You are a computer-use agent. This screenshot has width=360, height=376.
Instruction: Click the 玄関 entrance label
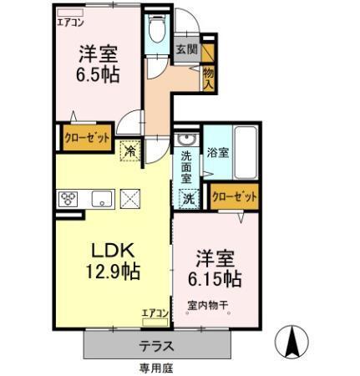pos(186,50)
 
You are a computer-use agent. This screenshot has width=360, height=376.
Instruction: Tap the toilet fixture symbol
pos(154,31)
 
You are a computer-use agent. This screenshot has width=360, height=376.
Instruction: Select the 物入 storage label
pos(208,79)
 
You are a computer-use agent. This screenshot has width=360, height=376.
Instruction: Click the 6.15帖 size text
pos(220,277)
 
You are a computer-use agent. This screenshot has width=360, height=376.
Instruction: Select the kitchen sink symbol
pos(102,198)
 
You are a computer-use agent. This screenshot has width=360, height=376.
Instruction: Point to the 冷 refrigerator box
pos(130,151)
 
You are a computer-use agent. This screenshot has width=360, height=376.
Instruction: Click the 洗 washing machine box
pos(189,198)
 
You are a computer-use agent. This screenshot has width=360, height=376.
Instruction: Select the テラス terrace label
pos(156,344)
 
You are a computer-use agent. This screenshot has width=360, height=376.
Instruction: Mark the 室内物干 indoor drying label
pos(208,306)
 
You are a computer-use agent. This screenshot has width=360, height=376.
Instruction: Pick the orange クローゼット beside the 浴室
pos(235,196)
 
